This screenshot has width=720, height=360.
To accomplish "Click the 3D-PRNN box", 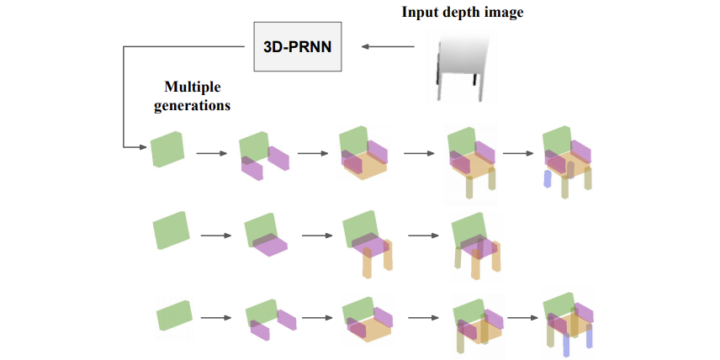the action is pos(298,46).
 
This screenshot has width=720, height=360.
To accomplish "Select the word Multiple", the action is pos(193,87).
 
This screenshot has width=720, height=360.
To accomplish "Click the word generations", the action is pos(192,105).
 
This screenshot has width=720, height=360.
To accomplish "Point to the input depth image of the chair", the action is pos(462,66).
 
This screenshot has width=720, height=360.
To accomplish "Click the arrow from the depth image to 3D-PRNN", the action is pos(388,46).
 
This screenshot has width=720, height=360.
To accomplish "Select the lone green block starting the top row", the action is pos(167,149).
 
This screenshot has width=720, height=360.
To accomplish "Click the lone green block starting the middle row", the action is pos(171,230).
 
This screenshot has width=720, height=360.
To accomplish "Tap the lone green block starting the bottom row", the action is pos(174,315).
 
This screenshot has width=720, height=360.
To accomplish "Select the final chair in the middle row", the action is pos(476,246).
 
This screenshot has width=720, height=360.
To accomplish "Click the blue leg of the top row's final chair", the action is pos(547,178).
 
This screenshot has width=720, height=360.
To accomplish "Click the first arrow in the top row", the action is pos(212,153).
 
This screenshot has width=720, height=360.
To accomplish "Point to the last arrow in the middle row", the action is pos(423,236).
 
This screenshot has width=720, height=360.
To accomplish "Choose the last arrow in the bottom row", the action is pos(522,317).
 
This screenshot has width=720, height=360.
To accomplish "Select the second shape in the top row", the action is pos(264,156).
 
